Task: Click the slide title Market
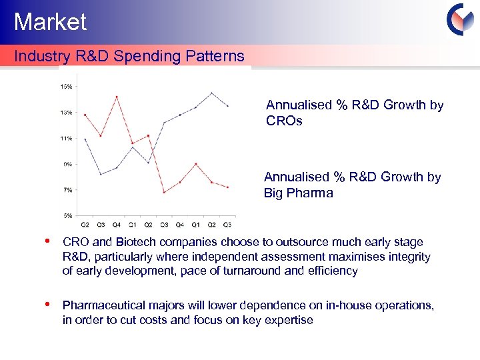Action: coord(50,22)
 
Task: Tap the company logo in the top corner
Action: coord(459,19)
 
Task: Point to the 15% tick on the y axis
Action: coord(67,86)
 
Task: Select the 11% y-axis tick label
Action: coord(67,139)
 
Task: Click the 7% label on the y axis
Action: coord(68,190)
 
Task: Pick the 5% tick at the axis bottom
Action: coord(68,215)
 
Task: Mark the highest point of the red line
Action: coord(117,97)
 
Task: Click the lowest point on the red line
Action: coord(164,193)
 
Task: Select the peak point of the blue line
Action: coord(211,93)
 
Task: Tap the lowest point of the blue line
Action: coord(101,174)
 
